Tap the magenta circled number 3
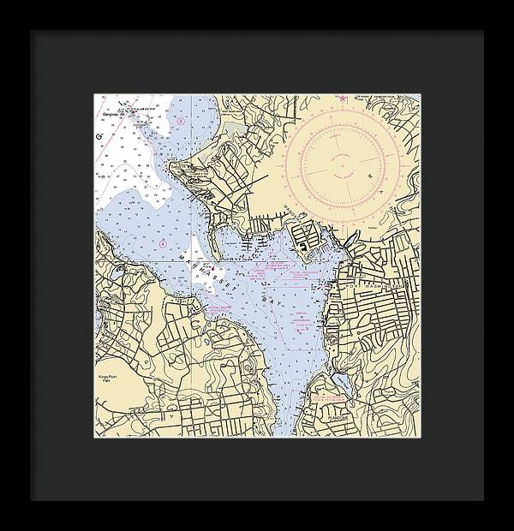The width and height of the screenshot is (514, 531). coord(181,122)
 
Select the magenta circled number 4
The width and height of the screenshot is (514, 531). coord(162,244)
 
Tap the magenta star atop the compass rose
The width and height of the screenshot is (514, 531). coord(341,100)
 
